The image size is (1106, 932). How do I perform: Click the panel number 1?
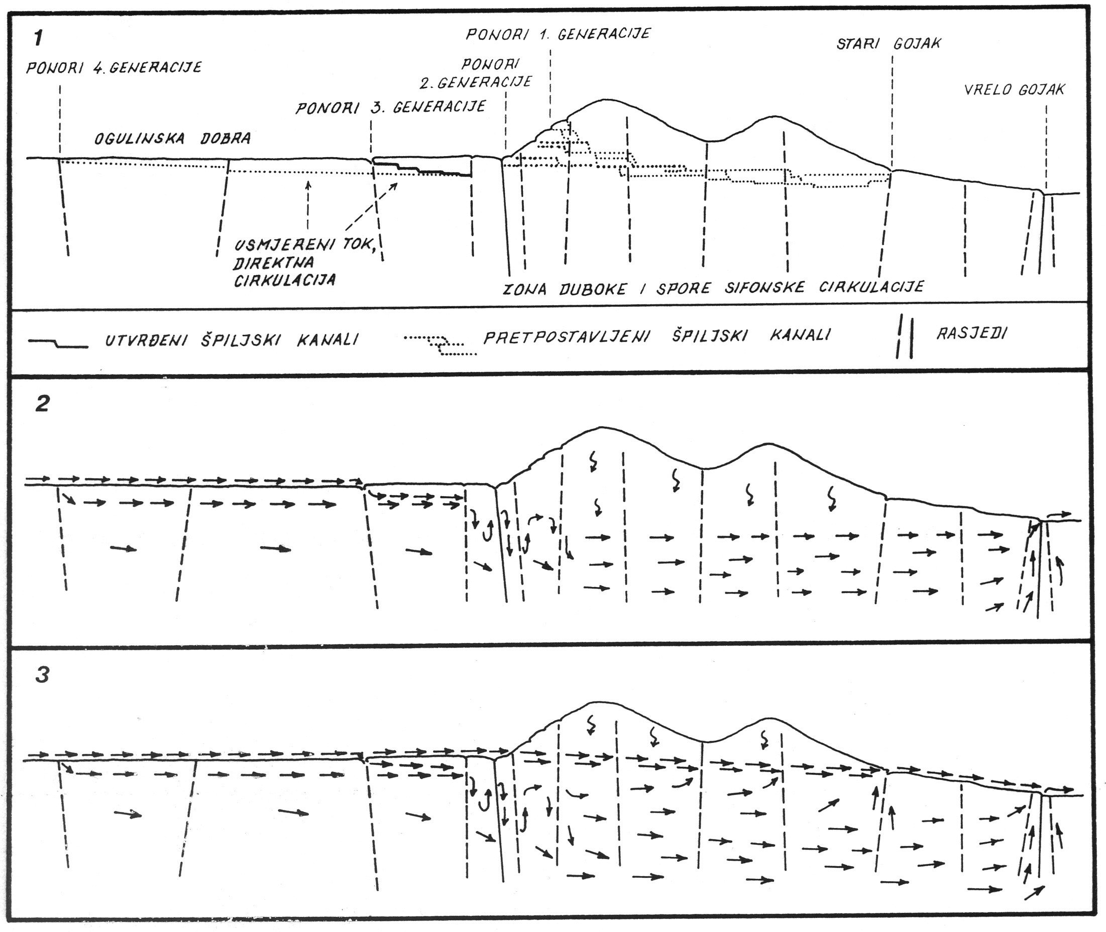[x=38, y=38]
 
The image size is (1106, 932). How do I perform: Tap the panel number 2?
[x=42, y=404]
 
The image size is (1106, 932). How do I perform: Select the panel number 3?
[x=42, y=675]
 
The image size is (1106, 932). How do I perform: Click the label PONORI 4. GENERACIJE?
[x=114, y=68]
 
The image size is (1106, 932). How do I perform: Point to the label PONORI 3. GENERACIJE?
[x=390, y=107]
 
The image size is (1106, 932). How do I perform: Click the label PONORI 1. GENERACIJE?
[x=558, y=34]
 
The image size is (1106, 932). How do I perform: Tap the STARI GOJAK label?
[x=889, y=43]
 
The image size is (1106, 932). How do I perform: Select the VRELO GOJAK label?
[x=1015, y=89]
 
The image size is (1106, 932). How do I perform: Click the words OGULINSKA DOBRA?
[x=172, y=139]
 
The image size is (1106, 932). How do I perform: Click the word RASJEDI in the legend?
[x=972, y=333]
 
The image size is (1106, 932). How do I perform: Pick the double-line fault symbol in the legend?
[x=904, y=336]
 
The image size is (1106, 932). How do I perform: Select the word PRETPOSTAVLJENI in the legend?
[x=567, y=336]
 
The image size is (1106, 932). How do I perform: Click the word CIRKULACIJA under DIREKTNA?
[x=285, y=280]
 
